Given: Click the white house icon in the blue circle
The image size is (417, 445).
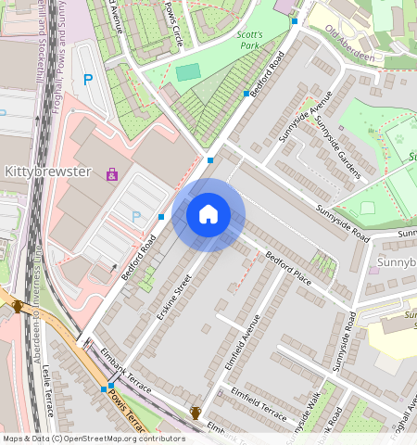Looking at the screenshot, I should tap(208, 215).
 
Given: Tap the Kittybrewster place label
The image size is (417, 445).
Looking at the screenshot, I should tap(47, 172).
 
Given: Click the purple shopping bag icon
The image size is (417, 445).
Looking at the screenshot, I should tap(112, 173).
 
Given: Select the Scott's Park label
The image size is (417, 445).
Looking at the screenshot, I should tap(250, 40).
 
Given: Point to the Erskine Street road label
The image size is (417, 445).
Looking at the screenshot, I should tap(173, 298).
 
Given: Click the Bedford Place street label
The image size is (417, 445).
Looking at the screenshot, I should tap(288, 267).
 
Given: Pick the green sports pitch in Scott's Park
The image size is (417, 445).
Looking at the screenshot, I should tap(188, 71).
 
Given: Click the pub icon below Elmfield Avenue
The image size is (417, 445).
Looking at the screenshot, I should tap(196, 412).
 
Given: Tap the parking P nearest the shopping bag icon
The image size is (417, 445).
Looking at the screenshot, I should tap(136, 217).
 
